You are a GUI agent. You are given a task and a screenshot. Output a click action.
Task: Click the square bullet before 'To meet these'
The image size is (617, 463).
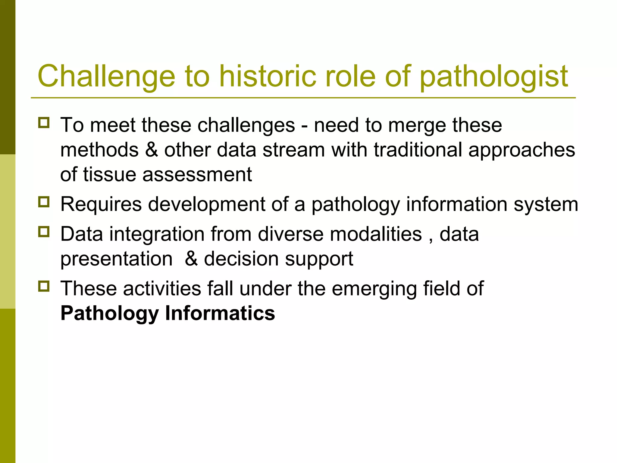pyautogui.click(x=44, y=123)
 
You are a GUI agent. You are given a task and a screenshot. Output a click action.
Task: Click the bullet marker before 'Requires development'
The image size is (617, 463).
pyautogui.click(x=44, y=202)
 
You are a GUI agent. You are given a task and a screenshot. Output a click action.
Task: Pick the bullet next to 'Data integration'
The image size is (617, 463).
pyautogui.click(x=44, y=232)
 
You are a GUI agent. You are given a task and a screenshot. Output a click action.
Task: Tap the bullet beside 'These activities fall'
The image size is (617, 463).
pyautogui.click(x=44, y=286)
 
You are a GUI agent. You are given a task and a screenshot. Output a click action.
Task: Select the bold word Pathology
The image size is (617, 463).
pyautogui.click(x=109, y=314)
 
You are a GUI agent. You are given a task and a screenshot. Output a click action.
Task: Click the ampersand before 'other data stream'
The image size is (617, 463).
pyautogui.click(x=152, y=150)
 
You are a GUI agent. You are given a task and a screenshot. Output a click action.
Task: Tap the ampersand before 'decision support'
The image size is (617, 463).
pyautogui.click(x=191, y=259)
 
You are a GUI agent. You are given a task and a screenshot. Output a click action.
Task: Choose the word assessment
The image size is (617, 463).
pyautogui.click(x=197, y=175)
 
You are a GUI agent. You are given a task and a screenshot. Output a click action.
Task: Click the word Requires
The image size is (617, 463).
pyautogui.click(x=101, y=205)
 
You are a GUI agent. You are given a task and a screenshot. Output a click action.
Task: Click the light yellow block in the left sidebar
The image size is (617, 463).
pyautogui.click(x=8, y=231)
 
